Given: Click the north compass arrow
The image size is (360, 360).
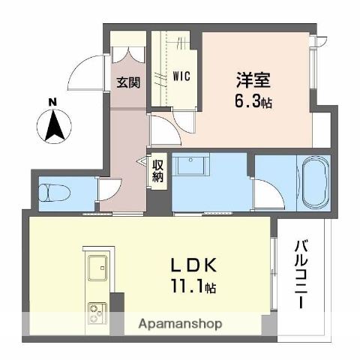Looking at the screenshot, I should point(53,126).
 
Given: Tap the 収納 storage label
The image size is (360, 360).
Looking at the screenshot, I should point(157,172).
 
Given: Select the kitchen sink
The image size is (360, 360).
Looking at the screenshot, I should point(97,266).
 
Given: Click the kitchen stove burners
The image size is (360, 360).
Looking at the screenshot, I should point(97,310).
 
